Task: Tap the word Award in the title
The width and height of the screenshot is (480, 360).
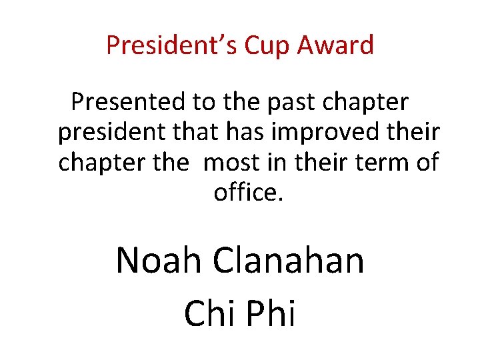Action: [x=335, y=46]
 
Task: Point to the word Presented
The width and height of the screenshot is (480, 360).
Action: [x=129, y=103]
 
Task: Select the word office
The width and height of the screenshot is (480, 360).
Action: [x=243, y=193]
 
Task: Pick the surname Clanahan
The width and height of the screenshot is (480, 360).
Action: [x=289, y=260]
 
